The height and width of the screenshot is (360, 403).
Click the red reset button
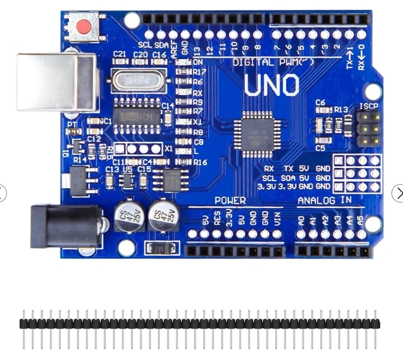pyautogui.click(x=85, y=27)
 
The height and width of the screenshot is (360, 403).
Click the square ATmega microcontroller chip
pyautogui.click(x=257, y=134)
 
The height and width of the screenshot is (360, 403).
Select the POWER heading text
pyautogui.click(x=230, y=200)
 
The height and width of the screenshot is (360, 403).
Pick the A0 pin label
pyautogui.click(x=301, y=220)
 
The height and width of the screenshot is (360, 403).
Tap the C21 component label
pyautogui.click(x=120, y=54)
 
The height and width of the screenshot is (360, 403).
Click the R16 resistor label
pyautogui.click(x=200, y=162)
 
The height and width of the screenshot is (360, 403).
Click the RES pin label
pyautogui.click(x=217, y=220)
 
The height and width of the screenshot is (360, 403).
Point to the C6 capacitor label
pyautogui.click(x=320, y=102)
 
